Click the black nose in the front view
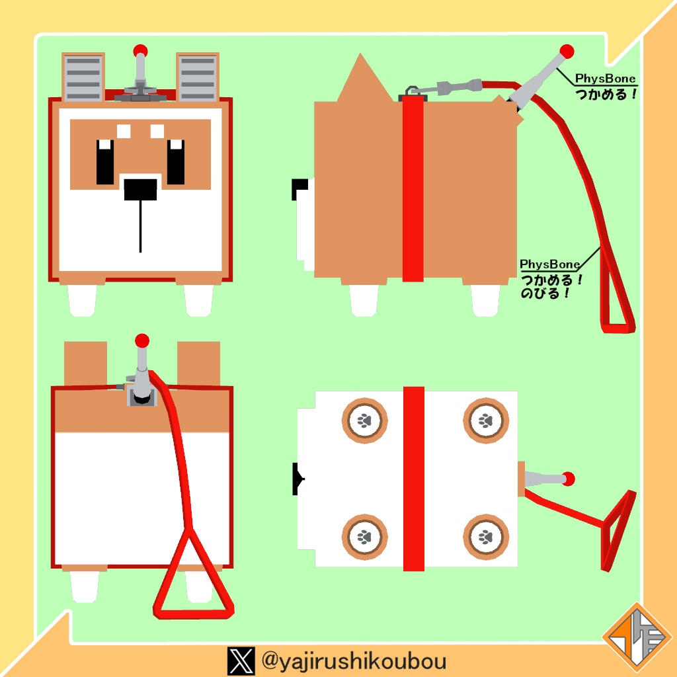(x=140, y=190)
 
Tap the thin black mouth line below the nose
(x=140, y=226)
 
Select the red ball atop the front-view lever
(x=140, y=50)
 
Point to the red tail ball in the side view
(x=567, y=52)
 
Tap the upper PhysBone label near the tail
(x=606, y=79)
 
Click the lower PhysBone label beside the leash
(x=549, y=264)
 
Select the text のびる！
(x=545, y=294)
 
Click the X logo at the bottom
(x=241, y=661)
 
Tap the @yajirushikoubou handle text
(x=354, y=661)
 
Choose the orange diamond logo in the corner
(x=637, y=635)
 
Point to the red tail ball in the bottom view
(x=568, y=479)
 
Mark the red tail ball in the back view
(x=141, y=340)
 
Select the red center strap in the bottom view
(x=414, y=479)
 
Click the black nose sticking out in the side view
(x=299, y=189)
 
